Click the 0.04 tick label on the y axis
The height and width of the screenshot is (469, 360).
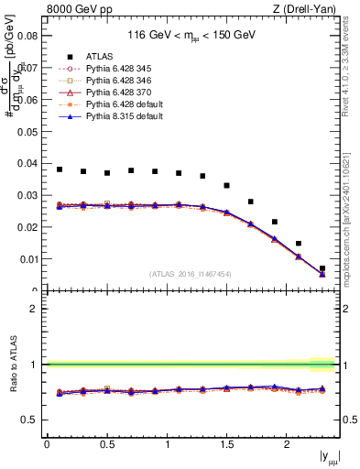(x=27, y=164)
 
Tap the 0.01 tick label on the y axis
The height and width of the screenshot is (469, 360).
(x=27, y=259)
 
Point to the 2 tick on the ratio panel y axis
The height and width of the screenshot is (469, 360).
(x=33, y=309)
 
